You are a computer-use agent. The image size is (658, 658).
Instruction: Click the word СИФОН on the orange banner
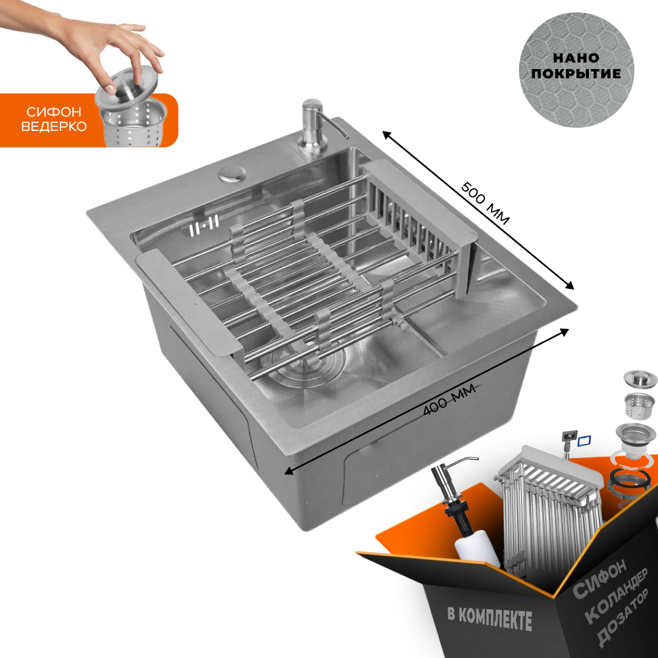53,112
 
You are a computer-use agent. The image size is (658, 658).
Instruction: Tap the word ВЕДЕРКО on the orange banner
54,126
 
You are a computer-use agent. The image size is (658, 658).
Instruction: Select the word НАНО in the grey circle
576,57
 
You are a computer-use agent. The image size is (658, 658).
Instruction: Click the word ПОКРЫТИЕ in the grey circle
576,74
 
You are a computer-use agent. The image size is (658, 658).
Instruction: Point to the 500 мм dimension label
486,203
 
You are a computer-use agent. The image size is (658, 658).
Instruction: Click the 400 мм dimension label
449,399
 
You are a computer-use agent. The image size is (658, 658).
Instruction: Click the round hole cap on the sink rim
232,173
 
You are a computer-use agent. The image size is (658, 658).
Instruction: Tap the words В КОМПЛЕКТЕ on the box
490,619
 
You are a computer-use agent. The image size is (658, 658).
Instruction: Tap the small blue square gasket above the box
584,441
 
